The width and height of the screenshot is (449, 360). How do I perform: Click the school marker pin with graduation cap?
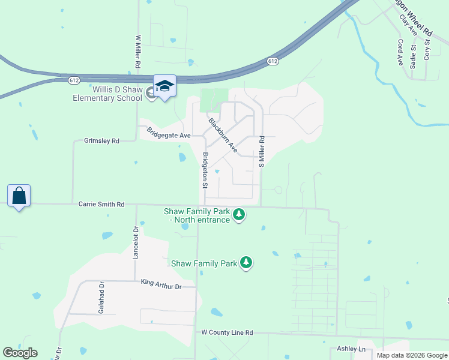tap(164, 86)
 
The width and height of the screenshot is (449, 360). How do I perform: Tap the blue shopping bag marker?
tap(19, 196)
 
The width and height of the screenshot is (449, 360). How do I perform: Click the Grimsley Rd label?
tap(102, 141)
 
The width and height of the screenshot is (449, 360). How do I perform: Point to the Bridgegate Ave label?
tap(169, 133)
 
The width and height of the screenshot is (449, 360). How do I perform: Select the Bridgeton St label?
tap(205, 170)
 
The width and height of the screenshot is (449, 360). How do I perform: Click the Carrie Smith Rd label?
tap(101, 205)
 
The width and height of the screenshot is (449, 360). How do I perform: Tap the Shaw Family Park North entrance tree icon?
tap(239, 214)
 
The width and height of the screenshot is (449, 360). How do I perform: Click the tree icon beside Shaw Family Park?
tap(246, 262)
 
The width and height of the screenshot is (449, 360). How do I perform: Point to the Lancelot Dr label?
tap(136, 242)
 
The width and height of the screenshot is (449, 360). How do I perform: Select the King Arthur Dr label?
tap(161, 284)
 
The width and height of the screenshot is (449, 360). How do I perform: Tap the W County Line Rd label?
tap(227, 332)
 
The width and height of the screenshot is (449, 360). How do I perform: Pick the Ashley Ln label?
tap(353, 349)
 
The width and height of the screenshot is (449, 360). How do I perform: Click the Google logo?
tap(20, 353)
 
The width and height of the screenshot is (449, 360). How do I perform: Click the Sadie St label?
tap(413, 56)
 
